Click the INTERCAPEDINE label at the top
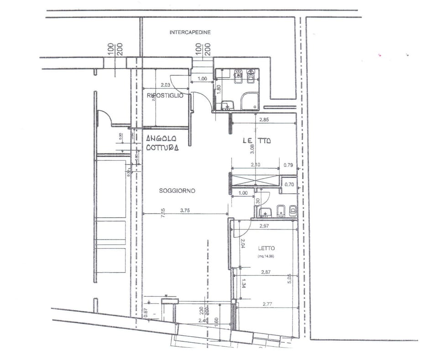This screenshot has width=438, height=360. pyautogui.click(x=190, y=32)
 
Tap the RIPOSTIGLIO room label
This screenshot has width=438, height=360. pyautogui.click(x=165, y=95)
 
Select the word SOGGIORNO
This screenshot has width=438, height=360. pyautogui.click(x=177, y=191)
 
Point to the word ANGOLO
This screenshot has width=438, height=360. pyautogui.click(x=161, y=139)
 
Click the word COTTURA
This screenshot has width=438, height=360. pyautogui.click(x=162, y=148)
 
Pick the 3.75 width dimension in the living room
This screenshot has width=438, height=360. pyautogui.click(x=185, y=211)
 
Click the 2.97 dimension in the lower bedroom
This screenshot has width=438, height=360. pyautogui.click(x=266, y=226)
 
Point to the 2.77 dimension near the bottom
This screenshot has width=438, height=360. pyautogui.click(x=267, y=303)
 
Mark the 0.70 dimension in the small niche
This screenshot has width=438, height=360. pyautogui.click(x=289, y=185)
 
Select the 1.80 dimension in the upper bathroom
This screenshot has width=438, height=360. pyautogui.click(x=219, y=89)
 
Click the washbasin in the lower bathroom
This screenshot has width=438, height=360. pyautogui.click(x=265, y=212)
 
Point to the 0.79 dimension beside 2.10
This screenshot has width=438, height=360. pyautogui.click(x=288, y=165)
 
